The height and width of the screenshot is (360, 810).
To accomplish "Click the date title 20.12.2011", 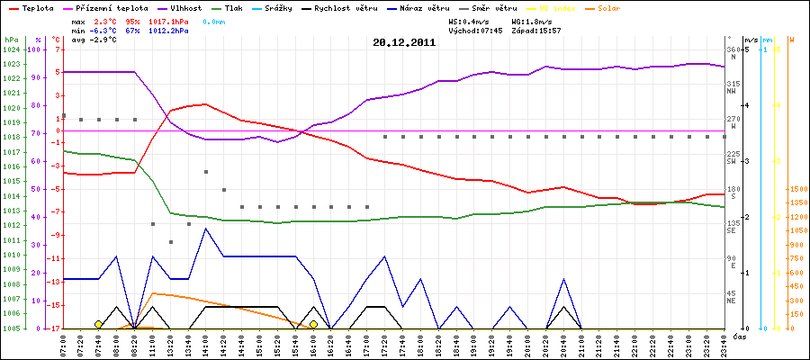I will pos(404,41).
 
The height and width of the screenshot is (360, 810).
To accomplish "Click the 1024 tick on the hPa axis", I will pos(12,49).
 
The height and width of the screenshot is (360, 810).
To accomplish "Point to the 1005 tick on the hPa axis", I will pos(12,328).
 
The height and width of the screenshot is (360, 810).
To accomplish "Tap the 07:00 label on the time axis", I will pos(63,344).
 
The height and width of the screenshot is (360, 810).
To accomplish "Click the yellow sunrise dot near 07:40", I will pos(98,324).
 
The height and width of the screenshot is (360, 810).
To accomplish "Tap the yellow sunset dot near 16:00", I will pos(313,324).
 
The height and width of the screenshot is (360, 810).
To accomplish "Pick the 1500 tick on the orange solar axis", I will pos(797,190).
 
